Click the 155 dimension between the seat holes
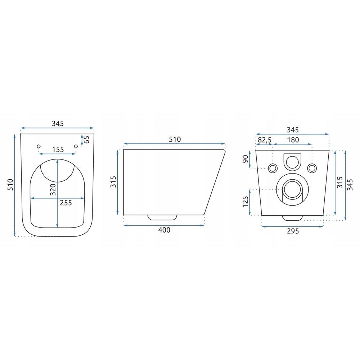58,149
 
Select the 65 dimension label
86,139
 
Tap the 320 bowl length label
53,189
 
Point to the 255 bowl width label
66,203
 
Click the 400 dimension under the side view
165,230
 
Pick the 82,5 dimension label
265,140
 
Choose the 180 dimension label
293,140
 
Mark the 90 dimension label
246,159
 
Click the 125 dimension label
246,202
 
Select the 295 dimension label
293,231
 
